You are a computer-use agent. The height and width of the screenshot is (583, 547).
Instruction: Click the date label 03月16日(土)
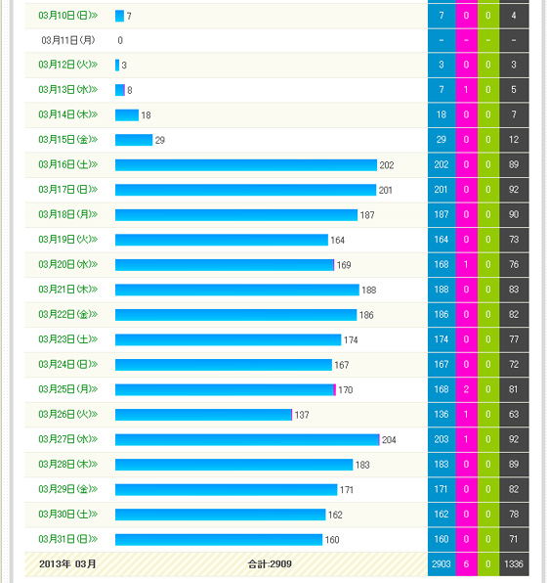point(68,164)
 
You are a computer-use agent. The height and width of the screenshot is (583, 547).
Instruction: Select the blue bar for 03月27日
point(247,439)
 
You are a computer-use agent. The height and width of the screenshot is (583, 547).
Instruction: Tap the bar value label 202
point(387,165)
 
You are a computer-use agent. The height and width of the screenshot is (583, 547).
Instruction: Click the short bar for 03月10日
point(119,16)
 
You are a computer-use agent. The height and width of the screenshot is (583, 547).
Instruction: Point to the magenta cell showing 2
point(467,389)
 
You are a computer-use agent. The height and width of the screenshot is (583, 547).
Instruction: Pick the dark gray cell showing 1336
point(514,564)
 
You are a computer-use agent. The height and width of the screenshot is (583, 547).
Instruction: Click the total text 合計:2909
point(270,564)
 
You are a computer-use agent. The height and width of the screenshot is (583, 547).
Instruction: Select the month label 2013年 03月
point(67,564)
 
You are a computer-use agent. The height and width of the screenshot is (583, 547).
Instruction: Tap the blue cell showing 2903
point(442,564)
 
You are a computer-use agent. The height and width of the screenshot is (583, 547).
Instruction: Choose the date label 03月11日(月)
point(68,40)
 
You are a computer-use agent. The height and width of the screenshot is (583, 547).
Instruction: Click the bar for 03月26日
point(203,415)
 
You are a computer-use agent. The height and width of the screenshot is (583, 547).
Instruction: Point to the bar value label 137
point(302,415)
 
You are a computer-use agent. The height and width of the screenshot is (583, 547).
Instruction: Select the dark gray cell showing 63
point(514,414)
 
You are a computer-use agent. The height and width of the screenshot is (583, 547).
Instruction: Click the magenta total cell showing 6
point(467,564)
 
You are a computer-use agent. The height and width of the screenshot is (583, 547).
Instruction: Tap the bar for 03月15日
point(134,140)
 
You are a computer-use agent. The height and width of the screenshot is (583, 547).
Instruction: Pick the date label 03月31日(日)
point(68,539)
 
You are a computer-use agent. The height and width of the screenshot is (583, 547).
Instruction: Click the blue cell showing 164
point(442,240)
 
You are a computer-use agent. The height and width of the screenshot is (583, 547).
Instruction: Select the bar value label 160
point(332,540)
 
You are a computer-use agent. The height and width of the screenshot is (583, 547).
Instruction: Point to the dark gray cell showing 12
point(514,140)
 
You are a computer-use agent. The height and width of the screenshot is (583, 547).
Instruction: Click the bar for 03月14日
point(127,114)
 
